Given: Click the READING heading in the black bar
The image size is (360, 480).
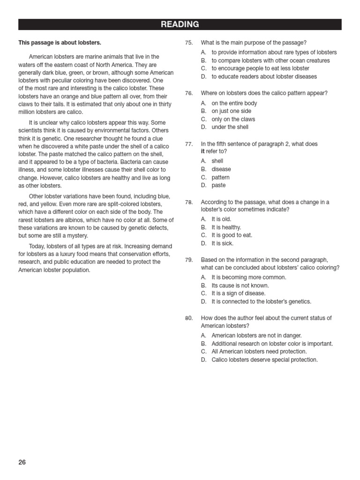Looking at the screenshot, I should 180,24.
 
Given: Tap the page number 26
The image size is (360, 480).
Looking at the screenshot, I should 22,462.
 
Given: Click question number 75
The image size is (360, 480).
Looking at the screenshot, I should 189,43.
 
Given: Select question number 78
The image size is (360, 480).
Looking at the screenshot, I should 189,202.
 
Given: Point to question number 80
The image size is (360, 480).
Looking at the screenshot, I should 189,318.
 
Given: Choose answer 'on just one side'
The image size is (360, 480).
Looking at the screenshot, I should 231,111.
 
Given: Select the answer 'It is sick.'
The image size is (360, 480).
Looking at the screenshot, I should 222,243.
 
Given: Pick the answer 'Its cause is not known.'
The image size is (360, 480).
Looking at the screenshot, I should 240,285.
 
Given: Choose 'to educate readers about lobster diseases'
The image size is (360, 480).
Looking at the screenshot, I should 264,76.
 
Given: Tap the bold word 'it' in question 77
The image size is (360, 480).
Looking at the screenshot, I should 203,152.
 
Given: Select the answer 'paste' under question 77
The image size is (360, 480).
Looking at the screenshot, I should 218,185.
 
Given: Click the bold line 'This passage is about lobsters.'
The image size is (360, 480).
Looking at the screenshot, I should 60,43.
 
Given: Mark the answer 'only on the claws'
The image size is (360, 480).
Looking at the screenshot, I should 233,119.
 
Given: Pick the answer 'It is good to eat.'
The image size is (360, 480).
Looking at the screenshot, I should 232,235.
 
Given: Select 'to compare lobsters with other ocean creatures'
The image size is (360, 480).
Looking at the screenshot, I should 270,60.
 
